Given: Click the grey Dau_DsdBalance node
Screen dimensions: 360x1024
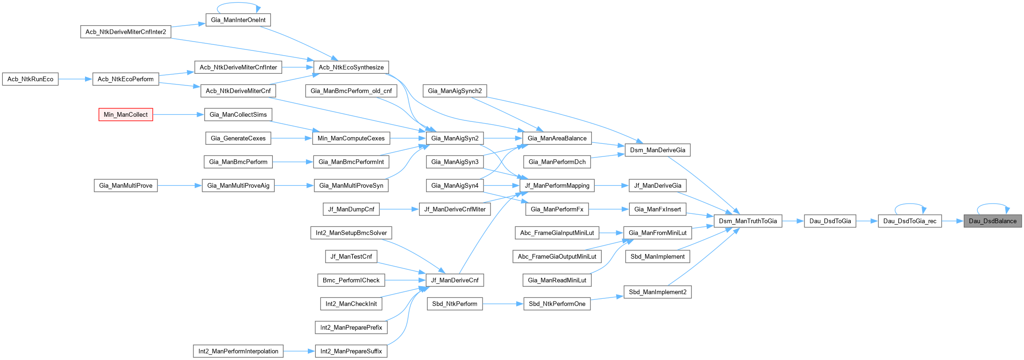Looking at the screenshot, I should [x=992, y=221].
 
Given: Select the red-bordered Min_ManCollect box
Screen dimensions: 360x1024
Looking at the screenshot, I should [x=126, y=114].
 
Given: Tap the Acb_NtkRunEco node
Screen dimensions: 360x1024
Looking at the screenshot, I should [x=30, y=79].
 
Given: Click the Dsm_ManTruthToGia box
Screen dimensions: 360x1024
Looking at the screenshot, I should [x=747, y=221].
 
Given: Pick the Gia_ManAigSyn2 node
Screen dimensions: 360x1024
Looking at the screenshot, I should [x=455, y=138].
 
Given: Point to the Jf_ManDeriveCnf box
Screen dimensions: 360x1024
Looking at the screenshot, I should [x=455, y=280].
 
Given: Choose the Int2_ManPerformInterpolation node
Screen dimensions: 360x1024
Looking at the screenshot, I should [x=238, y=351].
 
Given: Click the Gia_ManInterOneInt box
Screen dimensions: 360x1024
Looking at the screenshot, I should [x=238, y=20].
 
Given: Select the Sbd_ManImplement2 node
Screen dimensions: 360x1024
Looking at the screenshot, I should [x=657, y=292].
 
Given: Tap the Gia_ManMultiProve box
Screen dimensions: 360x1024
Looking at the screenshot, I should [x=126, y=185].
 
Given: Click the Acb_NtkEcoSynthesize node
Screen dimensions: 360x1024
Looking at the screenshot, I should [x=351, y=67].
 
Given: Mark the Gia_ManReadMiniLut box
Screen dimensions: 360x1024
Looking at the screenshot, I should [x=557, y=280].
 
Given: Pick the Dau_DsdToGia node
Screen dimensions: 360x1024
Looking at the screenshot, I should [x=830, y=221].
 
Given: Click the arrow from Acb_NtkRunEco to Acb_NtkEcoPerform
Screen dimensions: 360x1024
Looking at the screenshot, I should [x=75, y=79].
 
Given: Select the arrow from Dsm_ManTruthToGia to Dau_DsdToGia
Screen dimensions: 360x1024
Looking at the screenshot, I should [x=793, y=221].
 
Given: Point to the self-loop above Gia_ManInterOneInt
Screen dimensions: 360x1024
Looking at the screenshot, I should [x=238, y=4].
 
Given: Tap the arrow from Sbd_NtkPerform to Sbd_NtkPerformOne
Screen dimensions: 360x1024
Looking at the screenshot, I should [x=503, y=304].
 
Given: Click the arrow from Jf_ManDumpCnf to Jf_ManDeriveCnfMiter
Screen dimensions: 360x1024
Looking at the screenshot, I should [x=399, y=209].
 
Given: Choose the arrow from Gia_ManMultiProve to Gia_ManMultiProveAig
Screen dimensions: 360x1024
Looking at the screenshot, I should [x=179, y=185].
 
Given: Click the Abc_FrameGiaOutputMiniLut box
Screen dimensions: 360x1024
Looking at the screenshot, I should [x=557, y=256].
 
